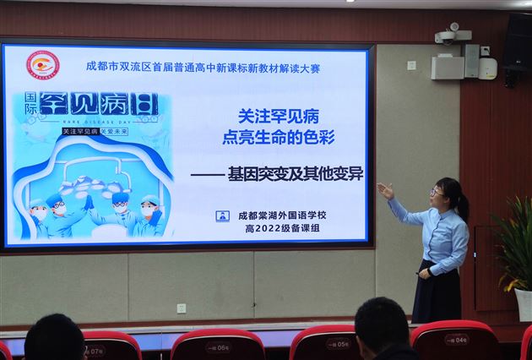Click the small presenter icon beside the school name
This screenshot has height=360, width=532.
(x=222, y=215)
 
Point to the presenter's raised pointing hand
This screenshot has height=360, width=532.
(x=385, y=190)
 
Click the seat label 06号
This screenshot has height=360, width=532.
(x=217, y=346)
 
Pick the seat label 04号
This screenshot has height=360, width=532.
(x=457, y=340)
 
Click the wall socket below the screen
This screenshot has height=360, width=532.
(x=181, y=308)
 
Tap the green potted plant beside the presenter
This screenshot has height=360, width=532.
(x=513, y=245)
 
